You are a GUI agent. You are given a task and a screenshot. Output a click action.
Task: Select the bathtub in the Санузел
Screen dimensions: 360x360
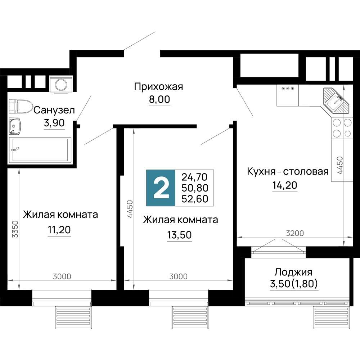40,150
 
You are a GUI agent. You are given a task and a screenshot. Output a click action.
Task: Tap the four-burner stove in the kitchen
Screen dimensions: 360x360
342,128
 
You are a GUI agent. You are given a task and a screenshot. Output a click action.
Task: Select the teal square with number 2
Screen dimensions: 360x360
161,188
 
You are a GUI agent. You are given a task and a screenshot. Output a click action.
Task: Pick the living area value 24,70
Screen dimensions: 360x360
195,177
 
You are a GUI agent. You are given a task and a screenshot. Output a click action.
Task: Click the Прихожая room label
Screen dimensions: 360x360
159,87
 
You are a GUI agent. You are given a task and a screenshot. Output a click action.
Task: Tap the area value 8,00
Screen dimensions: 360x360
159,99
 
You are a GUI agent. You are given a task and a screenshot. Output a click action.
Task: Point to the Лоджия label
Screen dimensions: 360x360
293,272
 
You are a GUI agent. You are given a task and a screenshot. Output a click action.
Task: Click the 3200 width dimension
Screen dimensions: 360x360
294,233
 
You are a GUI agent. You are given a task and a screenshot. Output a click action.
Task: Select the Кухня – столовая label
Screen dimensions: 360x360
287,171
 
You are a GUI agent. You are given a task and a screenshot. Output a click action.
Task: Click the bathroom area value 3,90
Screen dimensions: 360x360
54,123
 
